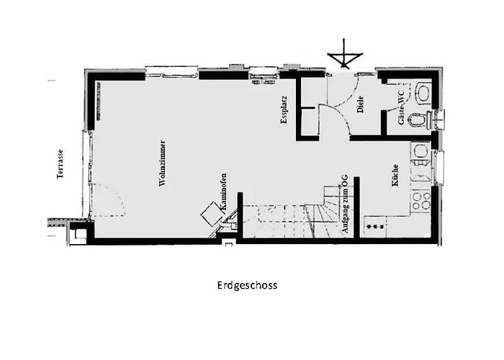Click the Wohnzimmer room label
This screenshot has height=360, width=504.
pyautogui.click(x=163, y=163)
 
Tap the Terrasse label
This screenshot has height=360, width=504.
pyautogui.click(x=62, y=164)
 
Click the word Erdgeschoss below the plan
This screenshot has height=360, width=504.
pyautogui.click(x=247, y=285)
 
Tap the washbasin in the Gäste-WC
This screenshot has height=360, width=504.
pyautogui.click(x=423, y=92)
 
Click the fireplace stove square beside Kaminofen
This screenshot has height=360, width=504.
pyautogui.click(x=212, y=213)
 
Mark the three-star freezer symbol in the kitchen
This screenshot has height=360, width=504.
pyautogui.click(x=375, y=228)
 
